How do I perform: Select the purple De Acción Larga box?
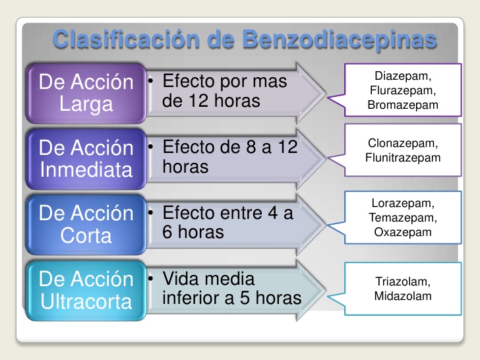(86, 94)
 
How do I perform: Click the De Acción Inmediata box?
(86, 159)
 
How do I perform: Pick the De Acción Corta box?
(86, 224)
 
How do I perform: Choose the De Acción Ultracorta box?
(86, 291)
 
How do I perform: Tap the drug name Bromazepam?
(402, 104)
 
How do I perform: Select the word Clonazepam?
(402, 143)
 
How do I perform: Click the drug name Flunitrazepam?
(402, 158)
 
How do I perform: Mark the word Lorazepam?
(402, 204)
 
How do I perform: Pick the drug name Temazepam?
(402, 218)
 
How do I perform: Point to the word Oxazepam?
(402, 232)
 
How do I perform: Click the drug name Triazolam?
(402, 282)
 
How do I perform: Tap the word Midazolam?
(402, 296)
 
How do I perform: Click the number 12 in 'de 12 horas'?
(198, 102)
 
